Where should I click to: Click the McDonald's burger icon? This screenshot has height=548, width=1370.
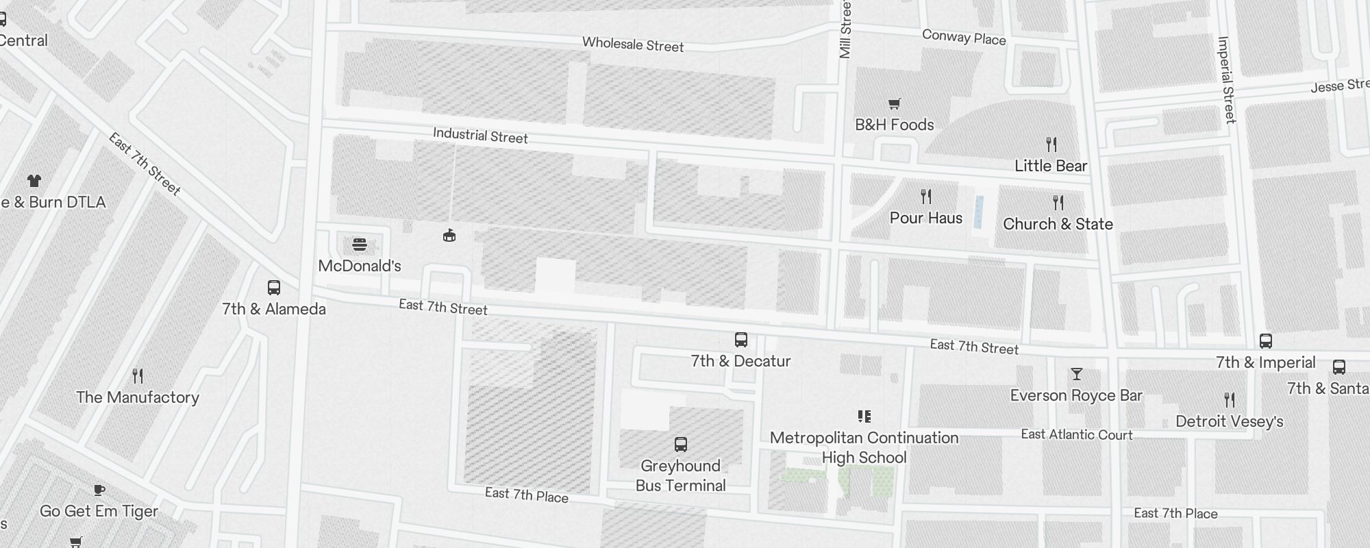tap(360, 245)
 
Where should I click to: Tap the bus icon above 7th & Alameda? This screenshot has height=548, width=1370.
tap(274, 288)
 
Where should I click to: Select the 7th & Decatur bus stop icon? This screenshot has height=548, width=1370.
tap(740, 340)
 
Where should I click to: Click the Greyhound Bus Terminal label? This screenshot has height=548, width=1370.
tap(680, 475)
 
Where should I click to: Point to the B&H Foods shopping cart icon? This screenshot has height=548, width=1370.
tap(894, 104)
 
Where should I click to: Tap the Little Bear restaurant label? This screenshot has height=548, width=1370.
tap(1051, 166)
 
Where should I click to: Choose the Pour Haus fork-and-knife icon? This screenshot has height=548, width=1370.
tap(926, 197)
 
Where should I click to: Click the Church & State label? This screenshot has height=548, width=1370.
tap(1058, 224)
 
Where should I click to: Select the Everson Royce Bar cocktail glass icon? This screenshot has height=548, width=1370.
tap(1077, 374)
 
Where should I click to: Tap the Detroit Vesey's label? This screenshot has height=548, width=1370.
tap(1230, 421)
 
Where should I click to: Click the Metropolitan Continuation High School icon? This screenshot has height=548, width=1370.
tap(864, 416)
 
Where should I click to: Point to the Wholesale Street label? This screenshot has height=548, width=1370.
tap(633, 45)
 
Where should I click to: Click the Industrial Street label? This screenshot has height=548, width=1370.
tap(480, 136)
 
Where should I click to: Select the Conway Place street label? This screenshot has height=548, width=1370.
tap(964, 38)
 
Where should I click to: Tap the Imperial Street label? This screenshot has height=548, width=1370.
tap(1227, 80)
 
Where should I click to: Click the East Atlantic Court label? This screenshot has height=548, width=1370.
tap(1077, 434)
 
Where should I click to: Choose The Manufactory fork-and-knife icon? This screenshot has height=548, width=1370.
tap(138, 376)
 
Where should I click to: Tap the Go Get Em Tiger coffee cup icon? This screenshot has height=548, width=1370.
tap(99, 490)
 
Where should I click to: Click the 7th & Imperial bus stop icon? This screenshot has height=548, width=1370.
tap(1266, 341)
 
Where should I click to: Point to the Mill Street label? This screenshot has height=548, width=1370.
tap(845, 29)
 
